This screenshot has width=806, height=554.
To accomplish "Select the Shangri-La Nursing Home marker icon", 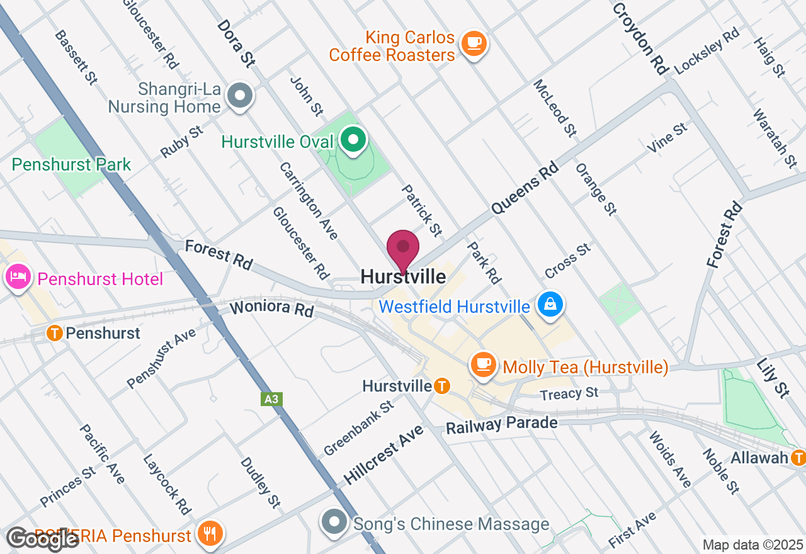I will (239, 96).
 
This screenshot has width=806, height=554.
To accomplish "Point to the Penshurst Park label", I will (71, 165).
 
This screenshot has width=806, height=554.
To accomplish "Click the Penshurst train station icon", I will (55, 333).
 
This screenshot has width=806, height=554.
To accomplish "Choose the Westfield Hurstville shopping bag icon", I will (550, 305).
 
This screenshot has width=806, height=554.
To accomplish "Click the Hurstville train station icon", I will (442, 385).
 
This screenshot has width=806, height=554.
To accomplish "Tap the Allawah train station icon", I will (799, 457).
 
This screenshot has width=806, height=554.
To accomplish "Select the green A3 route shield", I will (271, 399).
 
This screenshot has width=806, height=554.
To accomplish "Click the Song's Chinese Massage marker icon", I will (334, 522).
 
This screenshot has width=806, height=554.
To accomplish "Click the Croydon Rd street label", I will (639, 38).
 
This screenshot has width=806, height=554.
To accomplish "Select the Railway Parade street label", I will (501, 425).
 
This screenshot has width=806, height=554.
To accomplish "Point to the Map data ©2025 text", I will (753, 545).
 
